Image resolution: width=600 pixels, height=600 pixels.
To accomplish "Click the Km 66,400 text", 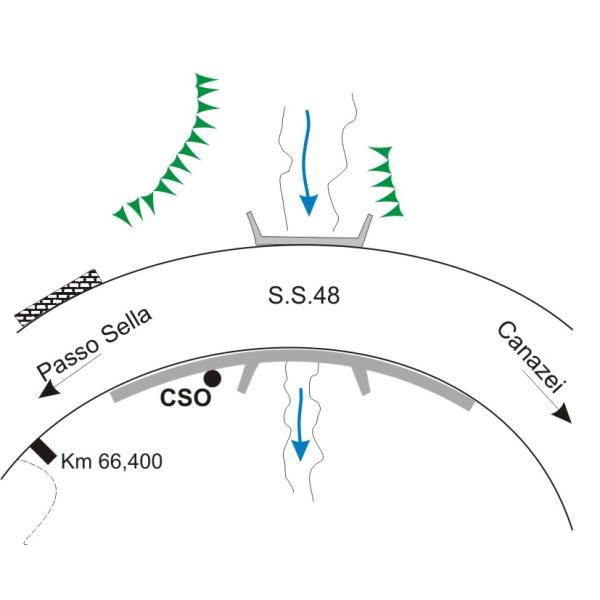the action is pos(111,463).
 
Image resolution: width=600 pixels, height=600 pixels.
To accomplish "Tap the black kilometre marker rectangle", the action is pos(43,451).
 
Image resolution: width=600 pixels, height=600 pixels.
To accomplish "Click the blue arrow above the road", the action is pos(308,160).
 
